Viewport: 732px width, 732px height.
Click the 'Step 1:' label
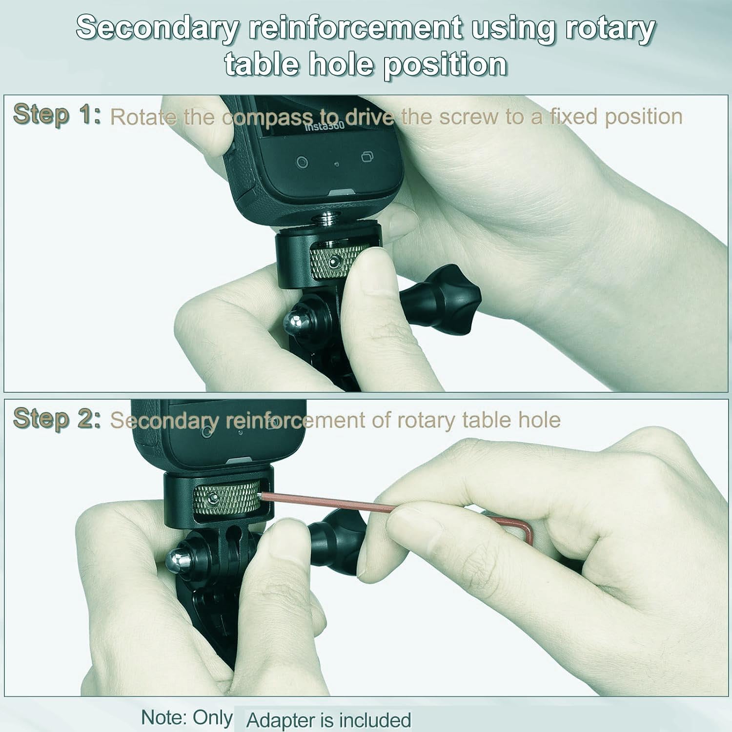[x=57, y=115]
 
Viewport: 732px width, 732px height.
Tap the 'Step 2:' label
[x=57, y=419]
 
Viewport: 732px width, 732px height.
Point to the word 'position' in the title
[x=445, y=65]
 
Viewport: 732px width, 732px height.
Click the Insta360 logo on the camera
[x=325, y=126]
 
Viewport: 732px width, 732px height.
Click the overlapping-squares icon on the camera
[x=367, y=157]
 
